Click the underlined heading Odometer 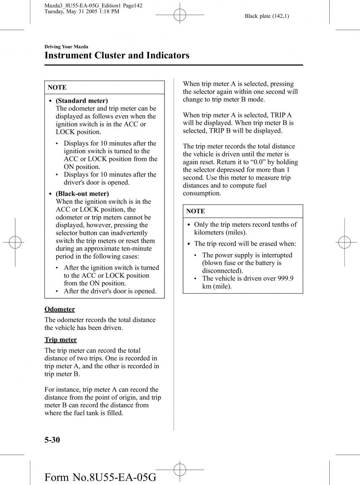pyautogui.click(x=59, y=309)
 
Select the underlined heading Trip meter pyautogui.click(x=61, y=340)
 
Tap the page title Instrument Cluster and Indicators pyautogui.click(x=117, y=55)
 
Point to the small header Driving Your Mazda pyautogui.click(x=66, y=47)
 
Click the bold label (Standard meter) pyautogui.click(x=82, y=101)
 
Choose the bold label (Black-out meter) pyautogui.click(x=82, y=194)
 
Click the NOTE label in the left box pyautogui.click(x=57, y=87)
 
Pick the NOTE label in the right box pyautogui.click(x=196, y=211)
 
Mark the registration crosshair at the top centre pyautogui.click(x=179, y=16)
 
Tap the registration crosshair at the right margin pyautogui.click(x=344, y=242)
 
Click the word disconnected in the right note pyautogui.click(x=222, y=270)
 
